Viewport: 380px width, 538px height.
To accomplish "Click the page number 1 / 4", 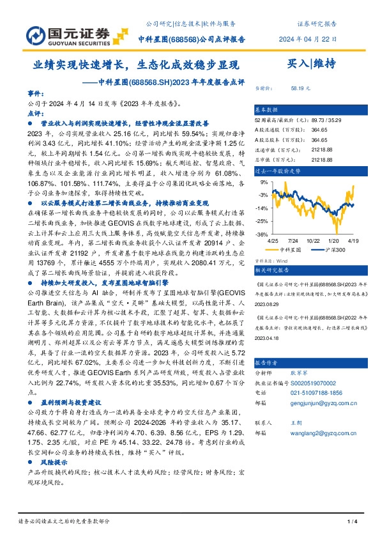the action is [x=351, y=522].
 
